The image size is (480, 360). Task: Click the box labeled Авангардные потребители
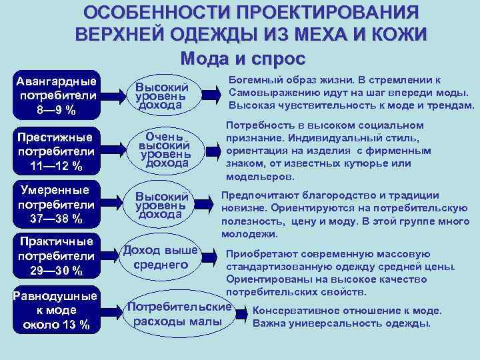57,95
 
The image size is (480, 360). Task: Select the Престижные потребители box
57,151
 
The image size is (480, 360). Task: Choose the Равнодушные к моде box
57,311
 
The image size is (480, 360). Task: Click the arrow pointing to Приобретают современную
209,257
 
